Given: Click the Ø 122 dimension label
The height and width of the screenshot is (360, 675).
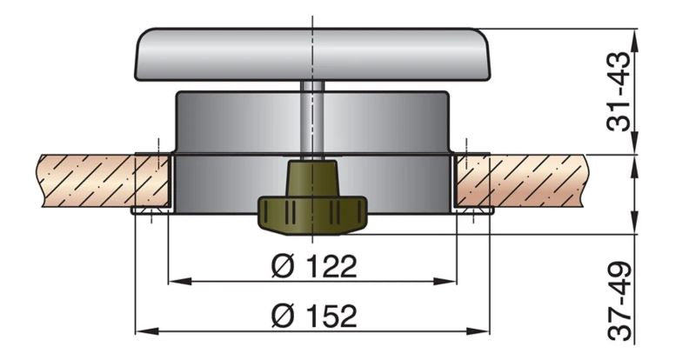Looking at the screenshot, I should [x=313, y=265].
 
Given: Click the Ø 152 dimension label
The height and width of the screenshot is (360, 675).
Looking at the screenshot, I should [x=313, y=316].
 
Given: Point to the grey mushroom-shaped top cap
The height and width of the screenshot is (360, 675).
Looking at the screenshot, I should [x=312, y=54].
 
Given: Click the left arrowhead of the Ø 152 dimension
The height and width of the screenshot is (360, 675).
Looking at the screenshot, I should [x=142, y=330].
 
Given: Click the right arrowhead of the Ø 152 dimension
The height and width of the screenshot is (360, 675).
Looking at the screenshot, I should [x=485, y=330].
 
